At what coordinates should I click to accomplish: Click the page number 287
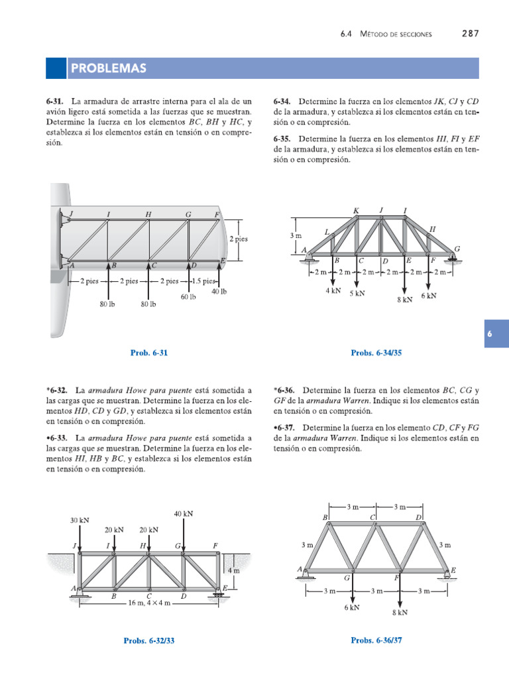tap(470, 34)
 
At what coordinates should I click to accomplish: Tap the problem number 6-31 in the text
tap(54, 102)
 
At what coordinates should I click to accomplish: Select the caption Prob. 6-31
tap(149, 353)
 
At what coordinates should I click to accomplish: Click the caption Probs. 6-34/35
tap(376, 353)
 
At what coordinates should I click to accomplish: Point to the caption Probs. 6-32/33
tap(149, 641)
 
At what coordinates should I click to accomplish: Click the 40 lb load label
tap(219, 291)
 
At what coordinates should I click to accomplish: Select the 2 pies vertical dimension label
tap(239, 239)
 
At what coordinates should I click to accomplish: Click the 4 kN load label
tap(333, 290)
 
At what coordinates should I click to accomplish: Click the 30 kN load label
tap(80, 521)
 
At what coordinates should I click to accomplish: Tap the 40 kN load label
tap(184, 514)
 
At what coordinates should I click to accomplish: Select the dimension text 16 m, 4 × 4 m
tap(149, 604)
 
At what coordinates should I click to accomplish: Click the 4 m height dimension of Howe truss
tap(233, 570)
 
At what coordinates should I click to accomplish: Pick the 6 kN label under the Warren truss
tap(351, 607)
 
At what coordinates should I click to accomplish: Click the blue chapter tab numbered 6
tap(490, 336)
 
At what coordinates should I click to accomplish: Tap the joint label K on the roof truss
tap(356, 211)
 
